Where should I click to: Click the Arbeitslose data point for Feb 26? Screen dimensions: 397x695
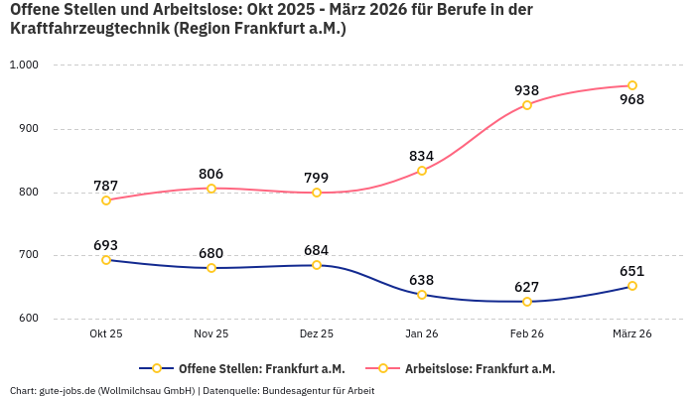point(527,105)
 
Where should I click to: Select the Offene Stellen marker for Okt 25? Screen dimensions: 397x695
point(106,260)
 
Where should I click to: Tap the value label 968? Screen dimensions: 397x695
point(632,99)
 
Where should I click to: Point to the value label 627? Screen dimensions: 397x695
point(527,287)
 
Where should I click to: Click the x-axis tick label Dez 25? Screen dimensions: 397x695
point(317,334)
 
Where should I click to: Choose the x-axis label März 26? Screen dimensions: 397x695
point(632,334)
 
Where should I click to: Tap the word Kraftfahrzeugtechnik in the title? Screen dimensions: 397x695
point(89,29)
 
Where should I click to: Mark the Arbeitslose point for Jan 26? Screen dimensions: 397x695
point(422,171)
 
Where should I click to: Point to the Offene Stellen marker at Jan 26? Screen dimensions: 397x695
point(422,295)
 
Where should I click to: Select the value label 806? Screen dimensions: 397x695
point(211,174)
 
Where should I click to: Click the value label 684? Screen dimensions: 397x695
point(317,250)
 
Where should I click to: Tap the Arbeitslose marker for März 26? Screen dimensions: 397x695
point(632,85)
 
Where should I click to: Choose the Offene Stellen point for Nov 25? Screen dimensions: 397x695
point(211,268)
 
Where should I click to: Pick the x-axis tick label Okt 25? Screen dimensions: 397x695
point(106,334)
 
